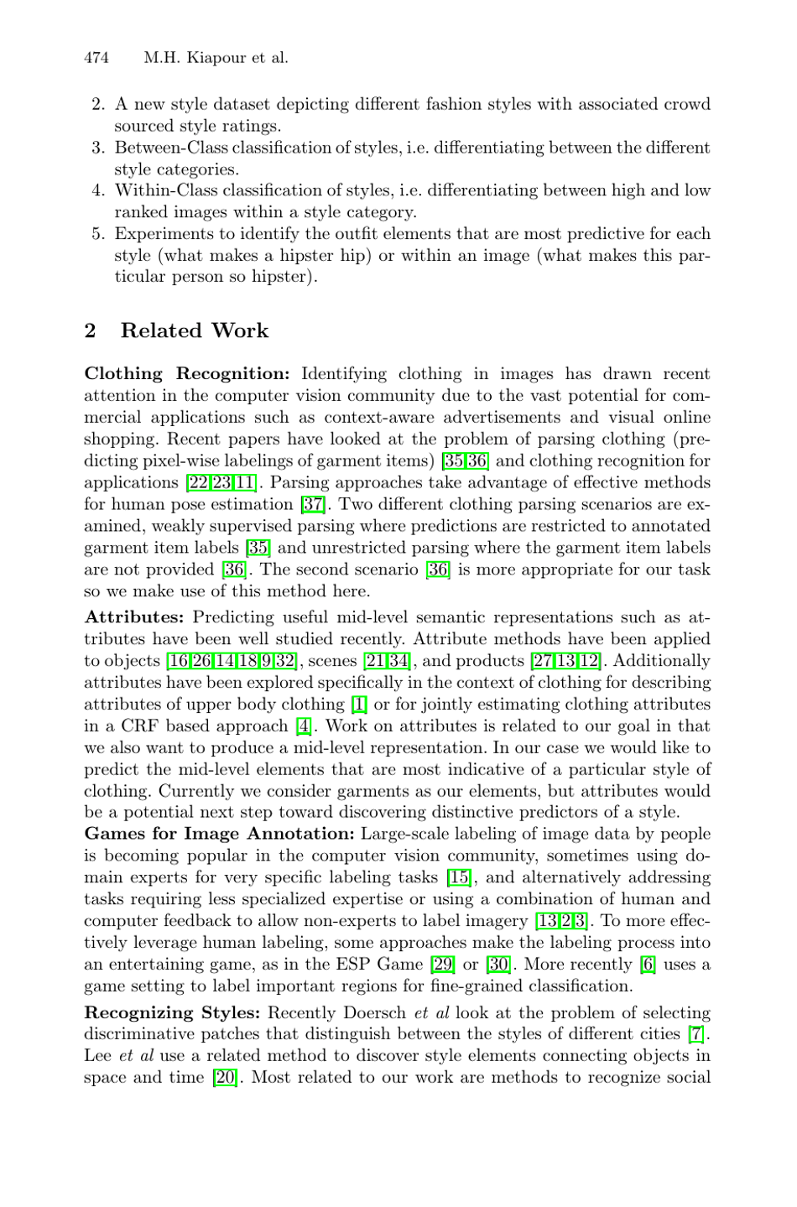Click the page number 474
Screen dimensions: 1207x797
pyautogui.click(x=96, y=58)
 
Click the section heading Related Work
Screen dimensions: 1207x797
pyautogui.click(x=194, y=330)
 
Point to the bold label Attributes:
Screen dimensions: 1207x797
pyautogui.click(x=134, y=617)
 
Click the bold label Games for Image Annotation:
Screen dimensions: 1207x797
pyautogui.click(x=220, y=834)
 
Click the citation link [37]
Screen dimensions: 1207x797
pyautogui.click(x=313, y=505)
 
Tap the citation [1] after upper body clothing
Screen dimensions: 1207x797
pyautogui.click(x=358, y=705)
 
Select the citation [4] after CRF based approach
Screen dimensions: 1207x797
pyautogui.click(x=303, y=726)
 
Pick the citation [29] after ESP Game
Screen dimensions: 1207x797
pyautogui.click(x=442, y=965)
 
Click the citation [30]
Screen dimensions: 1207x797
pyautogui.click(x=498, y=965)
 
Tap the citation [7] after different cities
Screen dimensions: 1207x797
pyautogui.click(x=696, y=1034)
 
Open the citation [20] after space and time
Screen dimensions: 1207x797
pyautogui.click(x=225, y=1078)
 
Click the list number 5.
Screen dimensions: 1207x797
pyautogui.click(x=97, y=234)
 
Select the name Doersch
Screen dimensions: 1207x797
pyautogui.click(x=372, y=1013)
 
